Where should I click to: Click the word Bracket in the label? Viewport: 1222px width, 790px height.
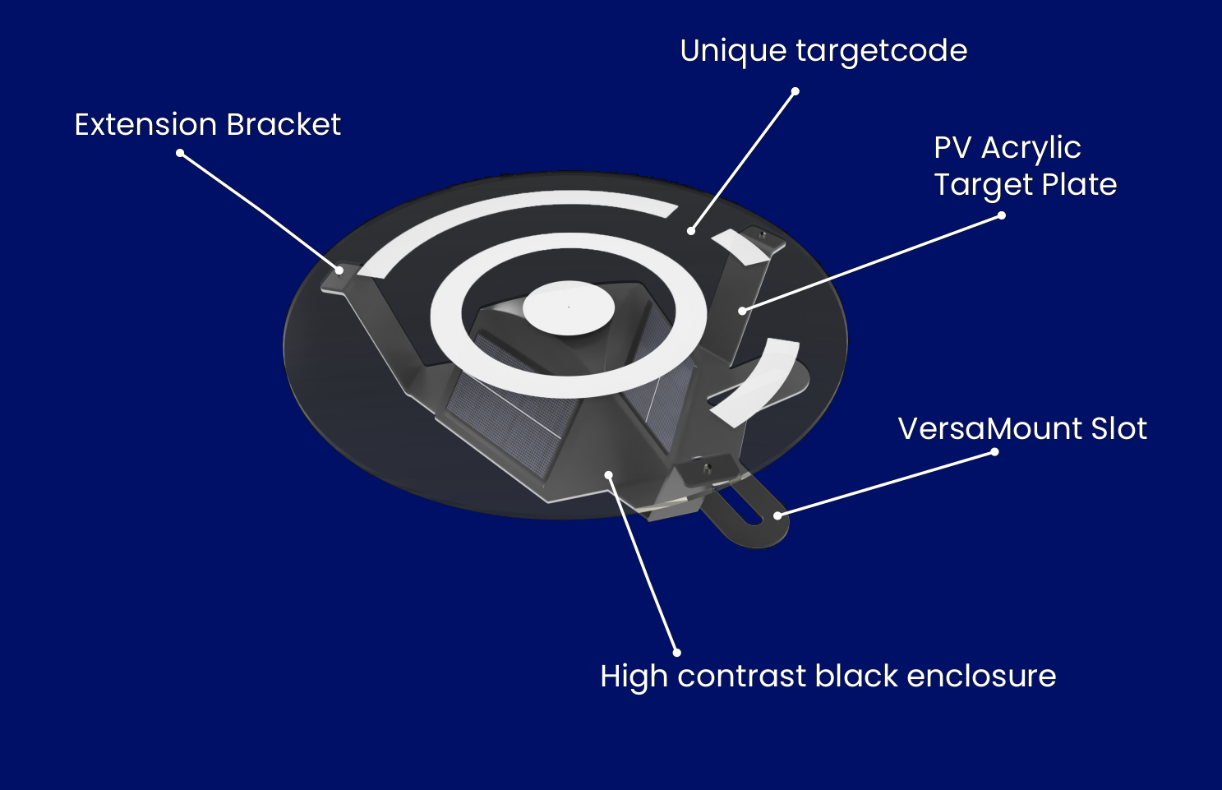point(283,125)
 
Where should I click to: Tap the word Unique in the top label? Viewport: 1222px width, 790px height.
point(733,51)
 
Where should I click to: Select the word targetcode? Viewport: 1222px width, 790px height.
point(881,51)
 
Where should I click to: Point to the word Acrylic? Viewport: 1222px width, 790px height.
point(1031,148)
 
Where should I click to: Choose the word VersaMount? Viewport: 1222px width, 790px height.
point(989,428)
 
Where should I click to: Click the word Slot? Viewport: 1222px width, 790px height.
point(1118,428)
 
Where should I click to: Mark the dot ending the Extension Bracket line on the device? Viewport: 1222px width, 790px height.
point(339,270)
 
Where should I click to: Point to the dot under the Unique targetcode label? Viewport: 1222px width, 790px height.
point(795,90)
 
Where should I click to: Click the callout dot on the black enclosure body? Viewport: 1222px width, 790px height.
point(608,474)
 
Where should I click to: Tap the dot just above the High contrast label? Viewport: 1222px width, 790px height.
point(676,653)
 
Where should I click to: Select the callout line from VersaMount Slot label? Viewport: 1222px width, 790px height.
point(886,483)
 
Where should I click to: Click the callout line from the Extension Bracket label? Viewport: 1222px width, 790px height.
point(259,211)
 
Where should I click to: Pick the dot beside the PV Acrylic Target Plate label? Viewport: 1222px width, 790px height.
point(1001,215)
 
